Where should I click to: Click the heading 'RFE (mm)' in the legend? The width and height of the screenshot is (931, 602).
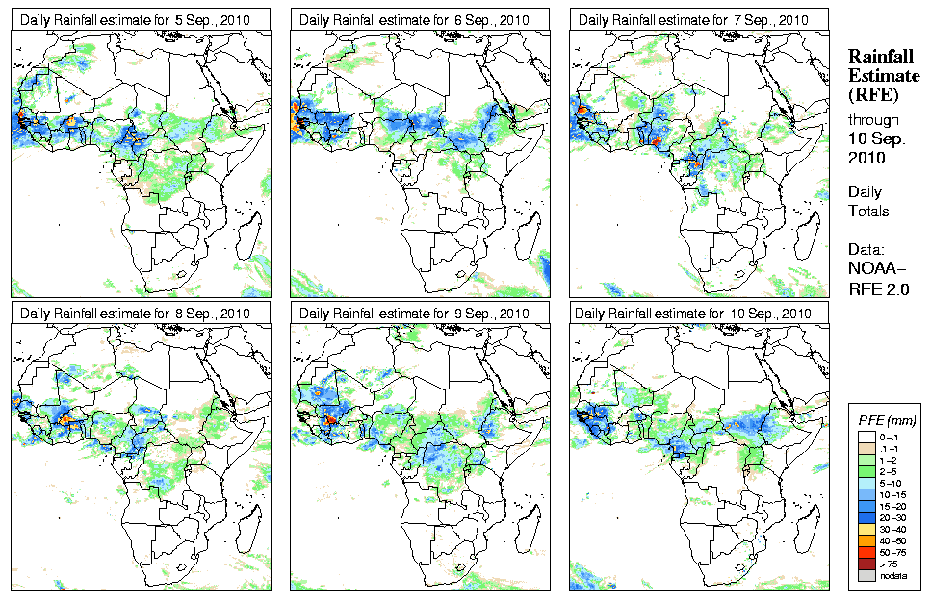[887, 420]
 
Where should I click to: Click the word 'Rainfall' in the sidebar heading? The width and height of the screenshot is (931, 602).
[879, 56]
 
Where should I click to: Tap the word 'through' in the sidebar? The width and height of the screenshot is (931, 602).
[873, 119]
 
